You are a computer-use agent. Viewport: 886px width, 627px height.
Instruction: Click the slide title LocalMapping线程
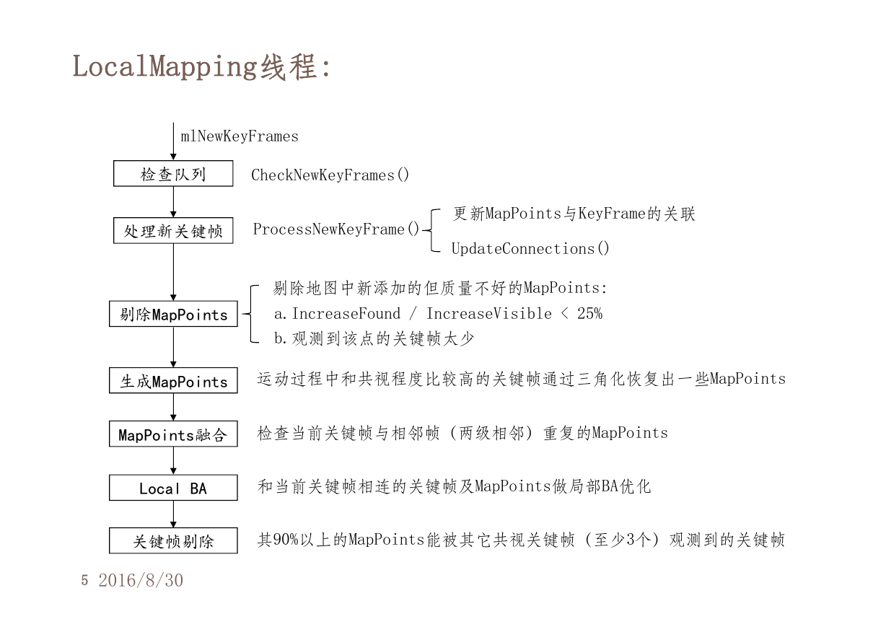pos(200,66)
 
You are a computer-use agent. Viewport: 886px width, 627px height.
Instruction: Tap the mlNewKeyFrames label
pos(240,136)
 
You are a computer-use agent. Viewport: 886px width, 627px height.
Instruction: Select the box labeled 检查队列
pos(173,173)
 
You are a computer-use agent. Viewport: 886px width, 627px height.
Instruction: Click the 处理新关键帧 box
pos(173,230)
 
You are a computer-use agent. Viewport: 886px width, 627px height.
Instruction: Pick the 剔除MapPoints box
pos(173,314)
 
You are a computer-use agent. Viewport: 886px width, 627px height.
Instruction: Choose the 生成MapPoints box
pos(173,380)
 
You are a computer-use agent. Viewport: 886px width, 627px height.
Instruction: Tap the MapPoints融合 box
pos(173,434)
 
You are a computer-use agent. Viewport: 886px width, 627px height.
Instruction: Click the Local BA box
pos(173,488)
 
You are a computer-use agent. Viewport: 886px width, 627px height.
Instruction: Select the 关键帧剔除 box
pos(173,540)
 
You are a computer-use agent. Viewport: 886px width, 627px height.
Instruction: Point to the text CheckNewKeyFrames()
pos(330,175)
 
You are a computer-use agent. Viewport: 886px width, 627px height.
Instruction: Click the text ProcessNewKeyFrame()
pos(335,229)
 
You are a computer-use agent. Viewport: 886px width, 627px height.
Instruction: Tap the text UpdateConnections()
pos(530,248)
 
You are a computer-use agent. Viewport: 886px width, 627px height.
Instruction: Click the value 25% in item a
pos(589,314)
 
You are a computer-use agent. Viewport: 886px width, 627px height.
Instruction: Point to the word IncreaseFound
pos(346,314)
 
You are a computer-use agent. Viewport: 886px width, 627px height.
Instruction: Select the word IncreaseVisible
pos(489,314)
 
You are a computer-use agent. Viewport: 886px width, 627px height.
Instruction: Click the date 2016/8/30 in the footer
pos(141,580)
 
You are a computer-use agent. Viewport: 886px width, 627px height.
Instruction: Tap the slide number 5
pos(84,580)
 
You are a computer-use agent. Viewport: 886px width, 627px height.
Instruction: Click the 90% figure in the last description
pos(285,540)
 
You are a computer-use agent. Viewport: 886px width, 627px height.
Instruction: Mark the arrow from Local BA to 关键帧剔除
pos(173,514)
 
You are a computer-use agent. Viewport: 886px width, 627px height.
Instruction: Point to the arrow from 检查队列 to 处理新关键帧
pos(173,202)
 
